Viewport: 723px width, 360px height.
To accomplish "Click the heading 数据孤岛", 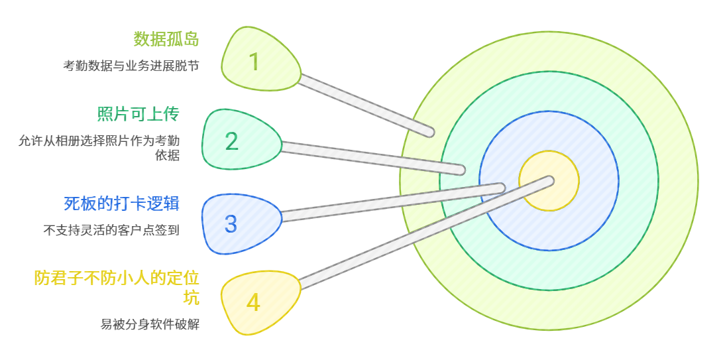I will tap(166, 38).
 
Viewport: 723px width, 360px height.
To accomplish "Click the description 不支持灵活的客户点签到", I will tap(111, 230).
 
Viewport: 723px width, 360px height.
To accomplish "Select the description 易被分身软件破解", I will tap(150, 324).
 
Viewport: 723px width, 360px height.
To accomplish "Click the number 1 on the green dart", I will tap(254, 62).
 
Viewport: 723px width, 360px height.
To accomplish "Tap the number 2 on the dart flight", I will tap(231, 141).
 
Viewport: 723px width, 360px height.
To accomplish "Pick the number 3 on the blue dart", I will tap(231, 224).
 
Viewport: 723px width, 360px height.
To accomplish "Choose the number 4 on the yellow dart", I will tap(253, 303).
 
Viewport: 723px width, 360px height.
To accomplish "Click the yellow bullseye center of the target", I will tap(549, 180).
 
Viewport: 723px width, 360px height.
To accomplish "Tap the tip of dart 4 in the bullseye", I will tap(549, 179).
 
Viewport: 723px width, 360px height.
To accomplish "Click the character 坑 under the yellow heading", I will tap(191, 297).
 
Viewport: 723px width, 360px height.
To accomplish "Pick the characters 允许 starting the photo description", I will tap(28, 141).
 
